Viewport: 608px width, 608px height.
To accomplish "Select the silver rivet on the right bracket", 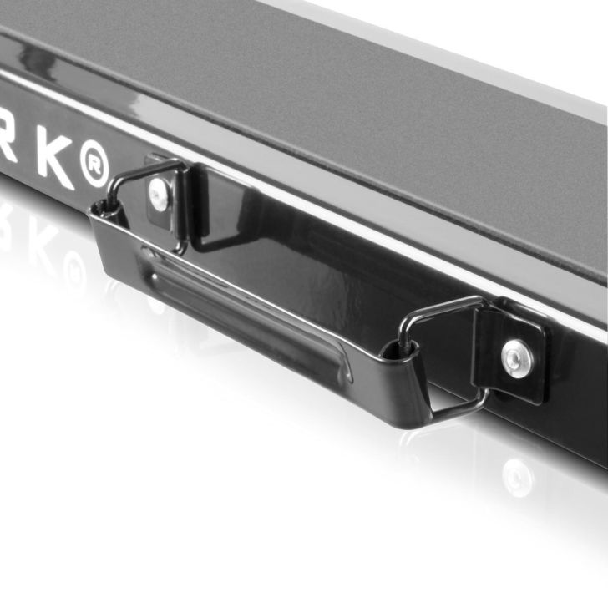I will pos(518,358).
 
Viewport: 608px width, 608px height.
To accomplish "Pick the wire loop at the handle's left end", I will pos(138,196).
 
